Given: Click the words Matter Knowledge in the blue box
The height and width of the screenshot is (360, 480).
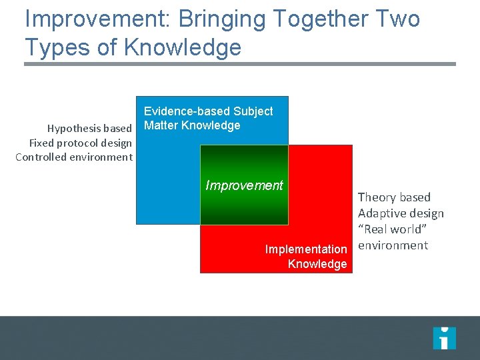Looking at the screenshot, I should (192, 125).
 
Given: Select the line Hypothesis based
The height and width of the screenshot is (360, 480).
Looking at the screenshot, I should (89, 128).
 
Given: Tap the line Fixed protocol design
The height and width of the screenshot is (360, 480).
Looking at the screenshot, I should (81, 143).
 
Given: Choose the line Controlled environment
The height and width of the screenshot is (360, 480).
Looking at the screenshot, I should (74, 157).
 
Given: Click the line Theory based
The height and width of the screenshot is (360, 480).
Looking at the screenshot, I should (394, 197).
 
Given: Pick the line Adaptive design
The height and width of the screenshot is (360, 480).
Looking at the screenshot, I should (401, 213).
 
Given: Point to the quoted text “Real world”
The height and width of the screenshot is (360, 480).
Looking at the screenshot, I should (392, 229).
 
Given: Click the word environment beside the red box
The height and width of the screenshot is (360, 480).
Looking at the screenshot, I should (393, 245).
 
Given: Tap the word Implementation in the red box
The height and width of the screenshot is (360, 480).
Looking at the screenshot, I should (306, 249).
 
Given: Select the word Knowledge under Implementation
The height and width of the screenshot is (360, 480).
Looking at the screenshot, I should (317, 264).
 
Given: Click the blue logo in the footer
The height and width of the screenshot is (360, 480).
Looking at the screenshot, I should (444, 338).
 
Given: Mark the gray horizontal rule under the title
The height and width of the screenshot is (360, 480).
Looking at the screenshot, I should (240, 64).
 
